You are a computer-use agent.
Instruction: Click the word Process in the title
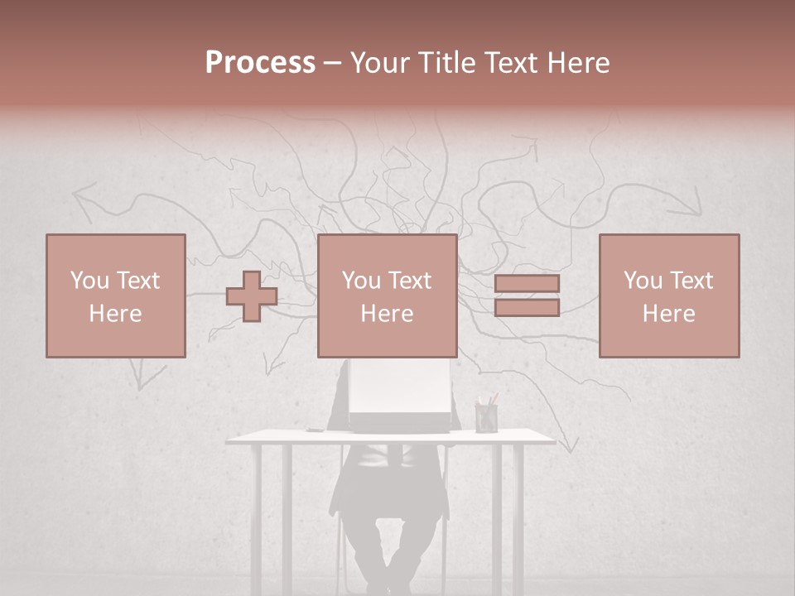tap(260, 62)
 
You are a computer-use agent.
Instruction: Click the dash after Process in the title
tap(332, 64)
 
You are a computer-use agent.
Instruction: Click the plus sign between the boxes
tap(252, 296)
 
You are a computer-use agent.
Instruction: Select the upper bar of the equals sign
tap(527, 284)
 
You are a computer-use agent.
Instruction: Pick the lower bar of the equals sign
tap(527, 308)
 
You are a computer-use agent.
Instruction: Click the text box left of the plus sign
tap(115, 296)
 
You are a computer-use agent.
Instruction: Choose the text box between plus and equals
tap(387, 296)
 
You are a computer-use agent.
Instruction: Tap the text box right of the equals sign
tap(668, 296)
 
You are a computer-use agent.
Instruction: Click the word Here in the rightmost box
tap(668, 314)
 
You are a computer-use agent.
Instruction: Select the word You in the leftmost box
tap(89, 280)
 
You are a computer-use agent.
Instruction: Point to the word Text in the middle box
tap(410, 280)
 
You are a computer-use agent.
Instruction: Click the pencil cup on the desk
tap(486, 416)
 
